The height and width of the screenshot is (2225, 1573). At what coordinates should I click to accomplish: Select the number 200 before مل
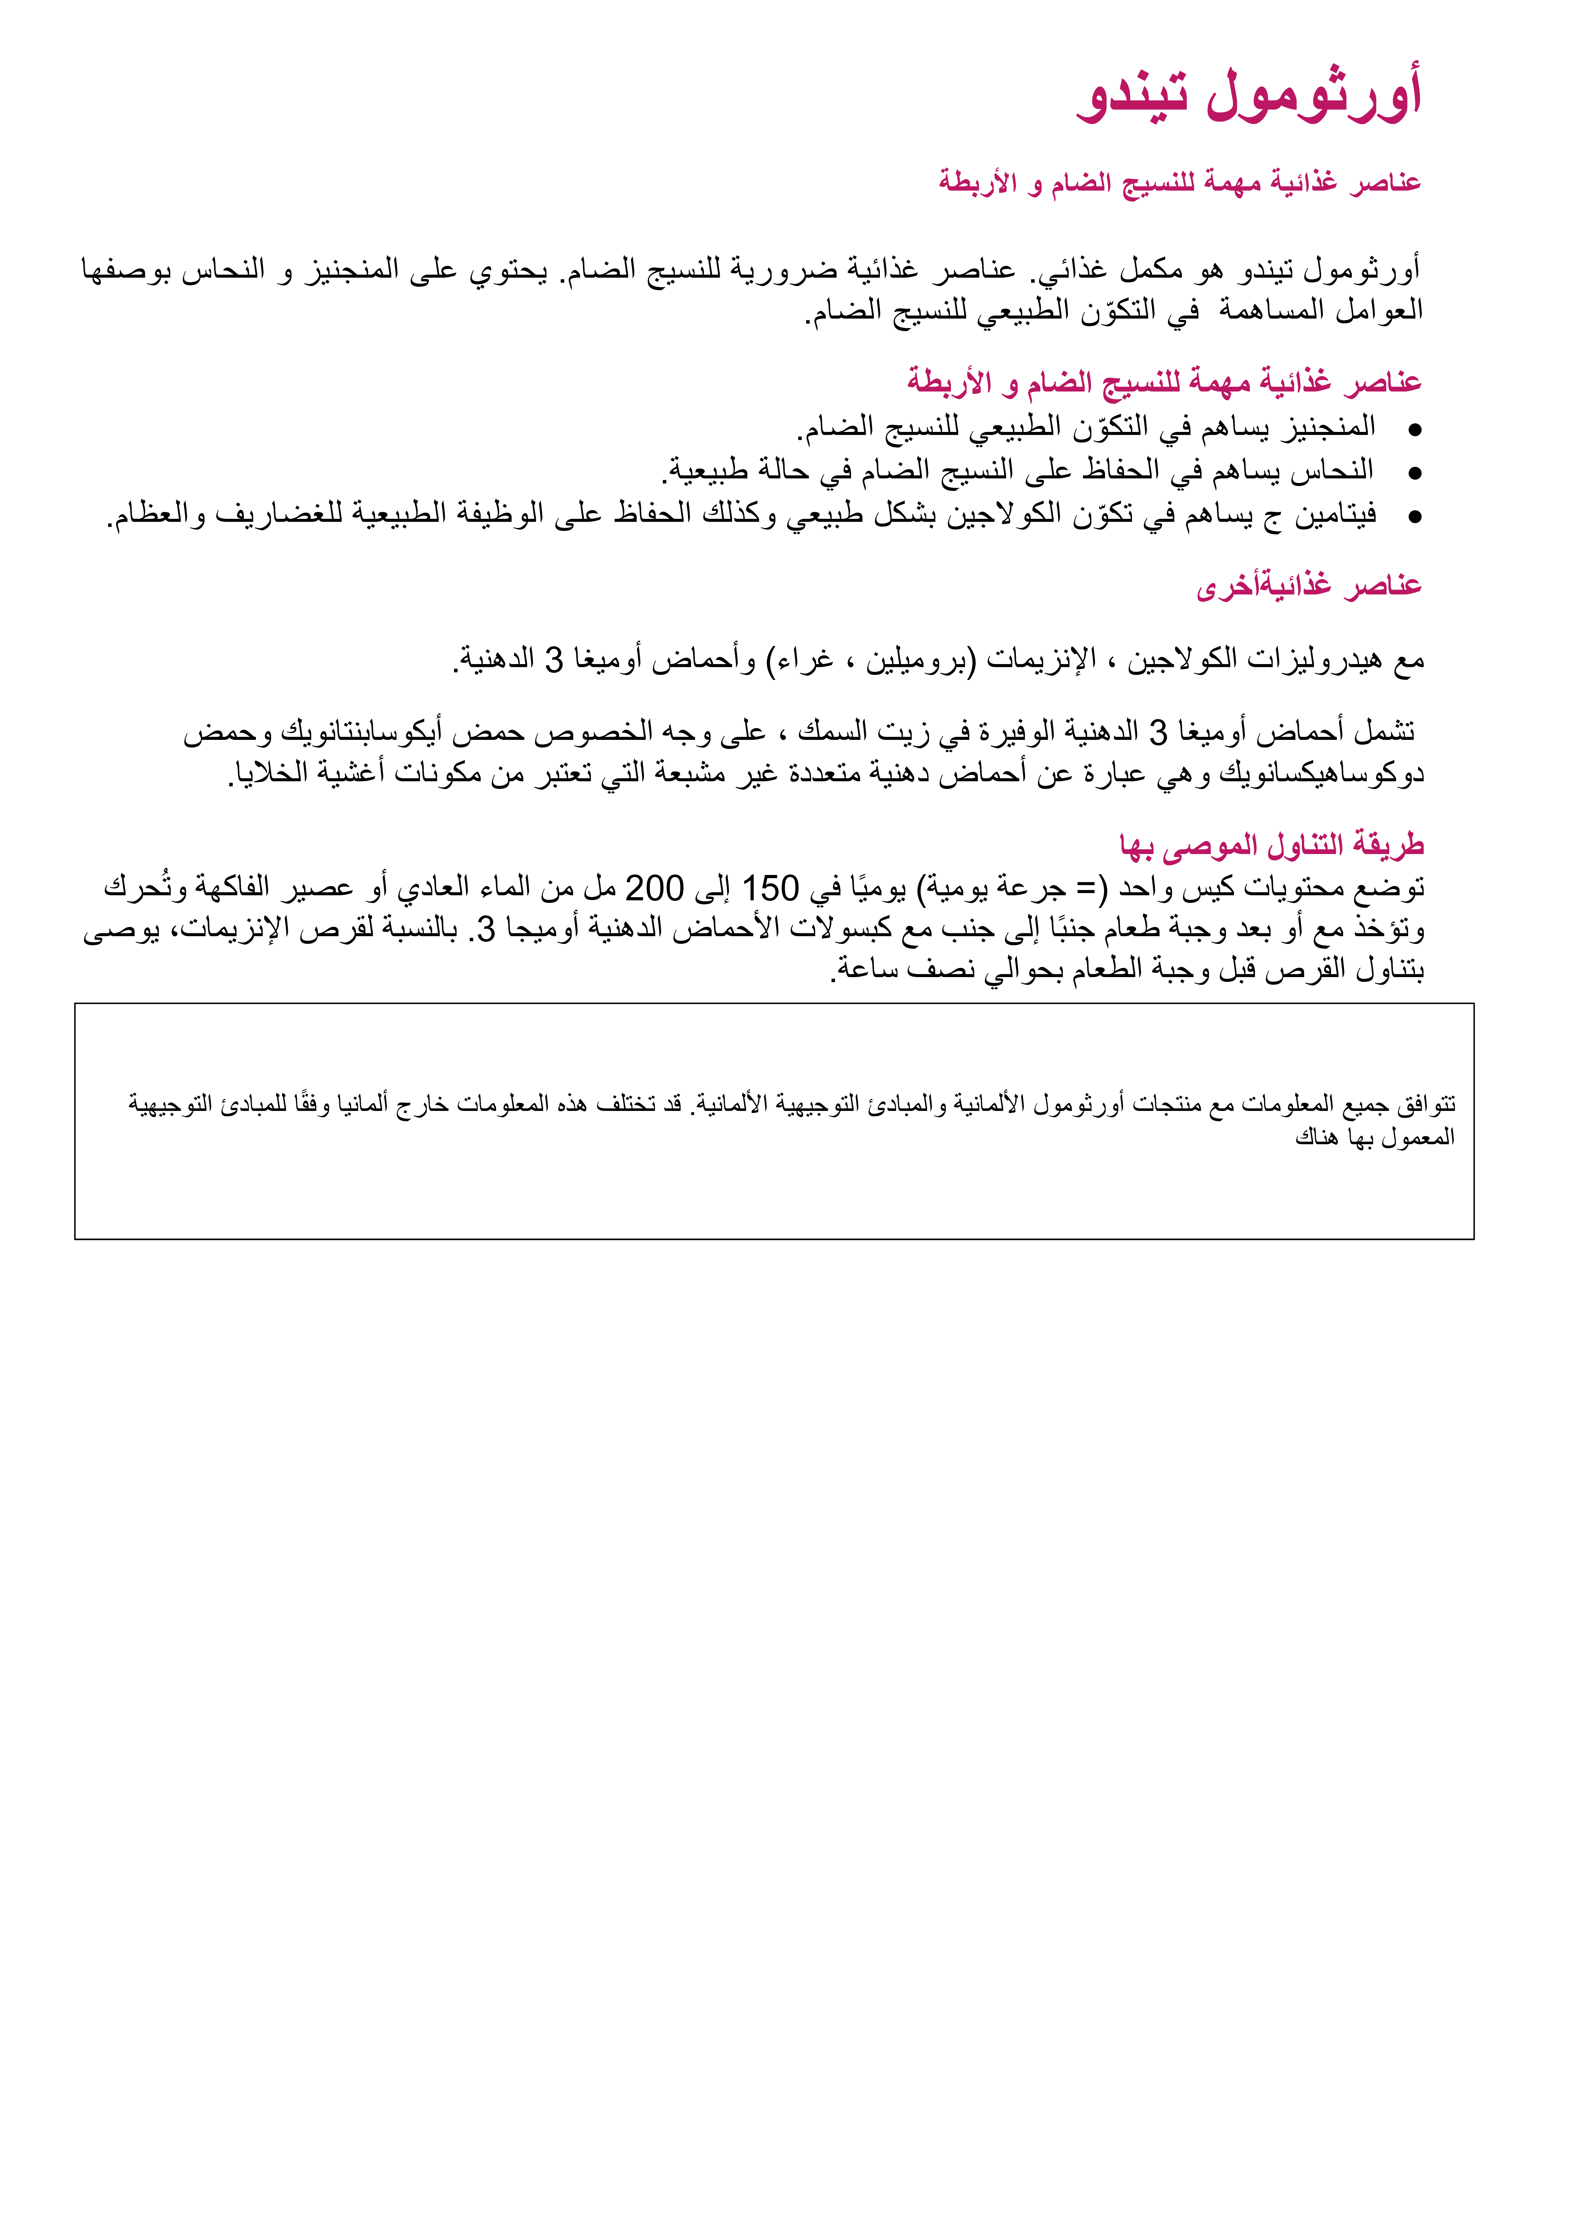654,888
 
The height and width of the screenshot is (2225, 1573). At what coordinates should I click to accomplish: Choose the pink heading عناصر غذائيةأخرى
1309,586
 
